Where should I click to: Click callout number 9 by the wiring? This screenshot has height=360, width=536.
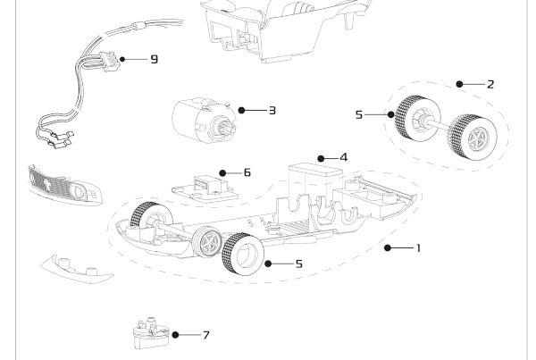point(154,60)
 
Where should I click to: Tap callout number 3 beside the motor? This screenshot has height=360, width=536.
point(272,111)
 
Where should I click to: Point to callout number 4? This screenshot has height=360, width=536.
point(343,156)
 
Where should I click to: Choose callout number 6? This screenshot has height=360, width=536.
point(247,172)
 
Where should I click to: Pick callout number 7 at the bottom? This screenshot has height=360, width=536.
point(205,335)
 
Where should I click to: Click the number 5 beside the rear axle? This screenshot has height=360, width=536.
point(360,115)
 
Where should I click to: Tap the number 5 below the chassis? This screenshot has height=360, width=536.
point(300,264)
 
